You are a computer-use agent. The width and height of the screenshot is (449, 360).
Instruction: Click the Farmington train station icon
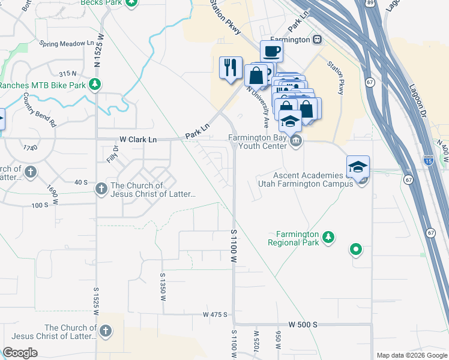(317, 40)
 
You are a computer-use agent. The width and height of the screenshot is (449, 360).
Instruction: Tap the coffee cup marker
(271, 51)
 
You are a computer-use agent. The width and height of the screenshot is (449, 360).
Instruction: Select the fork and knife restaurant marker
(231, 67)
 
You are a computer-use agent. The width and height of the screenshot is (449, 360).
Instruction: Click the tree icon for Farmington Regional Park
(328, 238)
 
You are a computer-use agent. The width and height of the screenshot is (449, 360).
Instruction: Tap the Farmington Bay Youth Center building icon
(295, 142)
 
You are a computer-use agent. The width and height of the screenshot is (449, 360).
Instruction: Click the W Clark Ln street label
(137, 139)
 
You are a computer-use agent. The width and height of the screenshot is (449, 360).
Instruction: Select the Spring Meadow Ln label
(67, 43)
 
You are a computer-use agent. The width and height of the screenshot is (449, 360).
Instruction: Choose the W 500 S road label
(303, 324)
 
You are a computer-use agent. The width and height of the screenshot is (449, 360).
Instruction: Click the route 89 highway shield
(370, 3)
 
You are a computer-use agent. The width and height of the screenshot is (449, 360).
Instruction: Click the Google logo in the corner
(20, 352)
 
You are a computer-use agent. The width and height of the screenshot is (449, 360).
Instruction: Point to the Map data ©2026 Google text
(411, 355)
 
